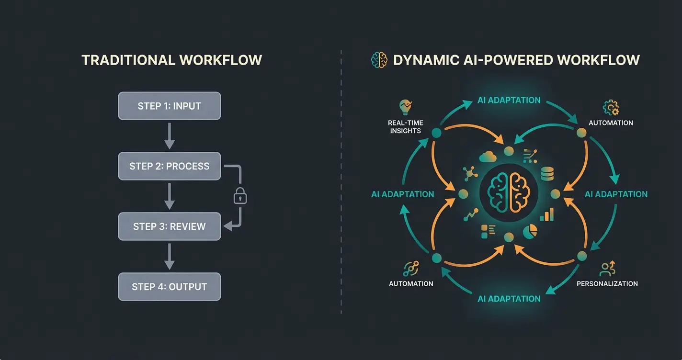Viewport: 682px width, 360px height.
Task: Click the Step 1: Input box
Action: click(169, 106)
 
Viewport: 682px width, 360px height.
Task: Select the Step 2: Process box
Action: click(169, 166)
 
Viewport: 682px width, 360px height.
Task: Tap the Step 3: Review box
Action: click(169, 226)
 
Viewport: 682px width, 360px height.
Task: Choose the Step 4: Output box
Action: click(169, 287)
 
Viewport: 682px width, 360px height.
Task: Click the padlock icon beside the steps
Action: click(240, 196)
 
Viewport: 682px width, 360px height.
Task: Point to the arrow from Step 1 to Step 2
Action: click(169, 136)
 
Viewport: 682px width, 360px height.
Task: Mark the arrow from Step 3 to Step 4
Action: click(169, 257)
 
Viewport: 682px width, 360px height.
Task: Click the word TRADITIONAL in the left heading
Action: click(128, 60)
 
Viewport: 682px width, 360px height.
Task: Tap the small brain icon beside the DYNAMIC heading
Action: click(379, 60)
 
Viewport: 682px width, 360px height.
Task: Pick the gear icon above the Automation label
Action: click(611, 107)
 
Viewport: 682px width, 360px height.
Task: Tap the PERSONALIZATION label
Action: click(607, 283)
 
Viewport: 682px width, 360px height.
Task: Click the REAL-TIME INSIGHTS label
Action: click(405, 127)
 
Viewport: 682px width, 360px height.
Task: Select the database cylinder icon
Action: click(547, 173)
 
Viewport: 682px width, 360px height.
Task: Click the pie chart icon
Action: click(530, 231)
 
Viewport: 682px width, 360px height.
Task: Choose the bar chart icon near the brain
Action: click(546, 214)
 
